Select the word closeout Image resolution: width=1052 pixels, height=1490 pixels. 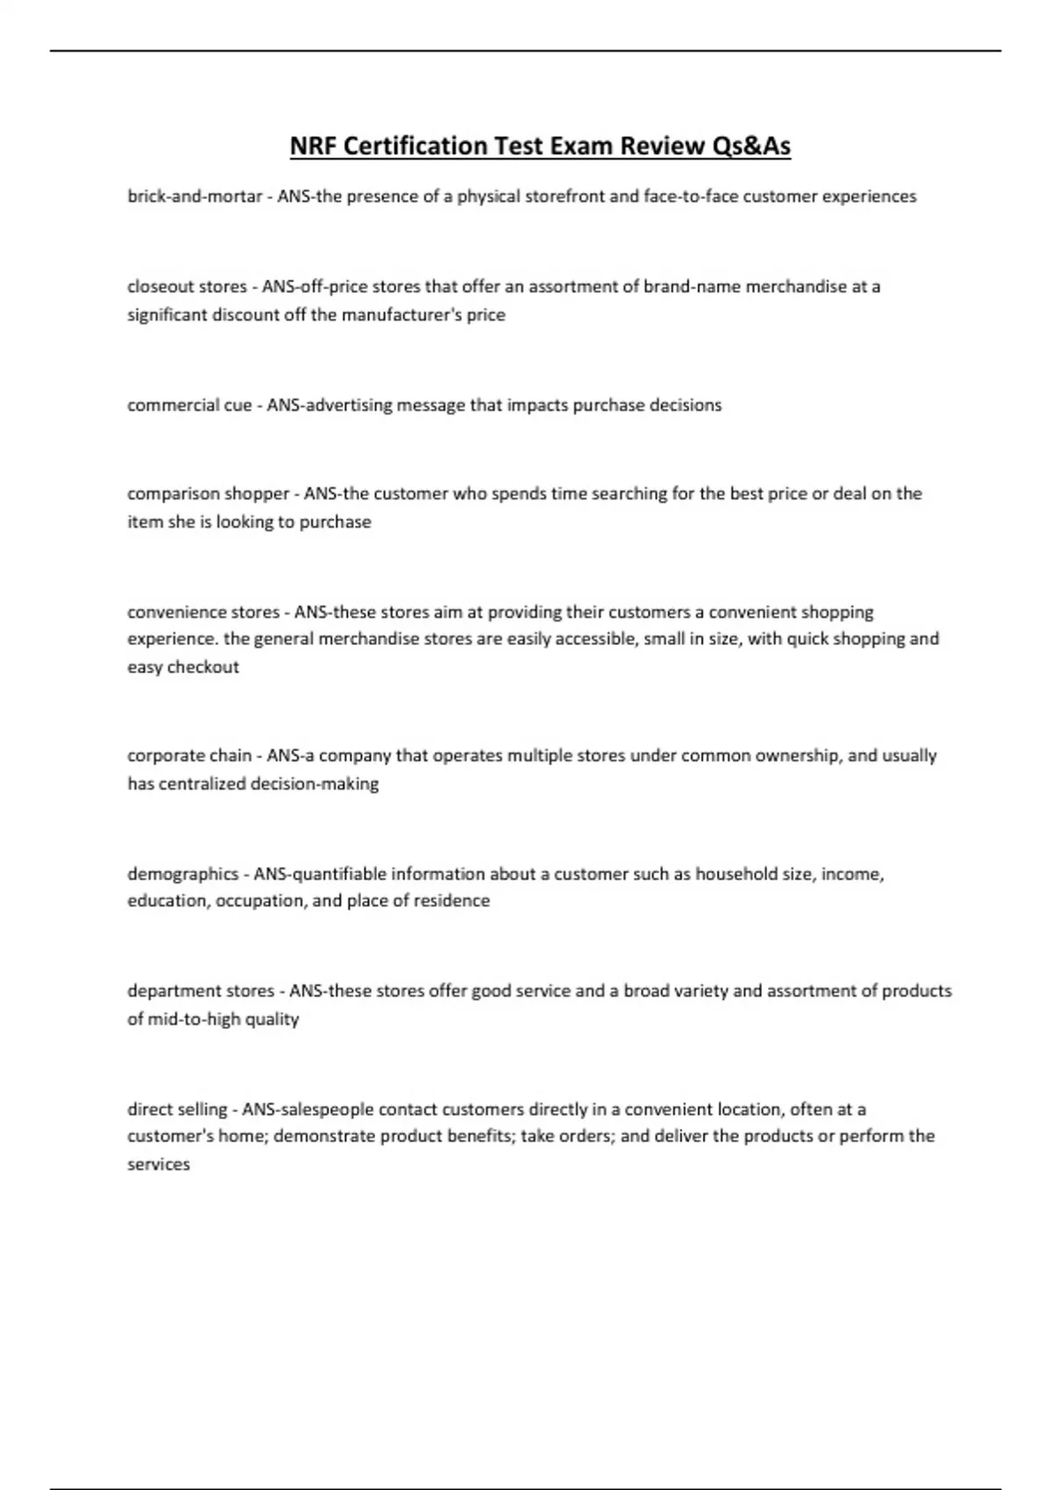160,287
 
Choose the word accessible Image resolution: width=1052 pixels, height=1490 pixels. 587,639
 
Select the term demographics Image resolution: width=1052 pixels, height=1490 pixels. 182,874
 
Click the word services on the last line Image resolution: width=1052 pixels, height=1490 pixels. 159,1165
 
